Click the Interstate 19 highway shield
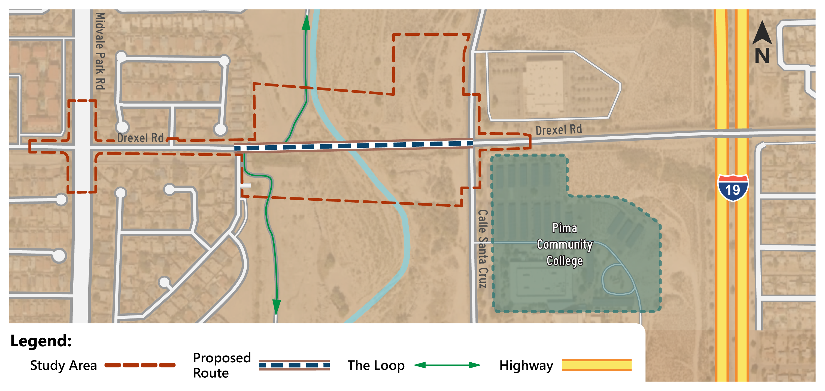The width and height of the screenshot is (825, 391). pos(733,188)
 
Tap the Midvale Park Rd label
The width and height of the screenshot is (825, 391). pos(100,51)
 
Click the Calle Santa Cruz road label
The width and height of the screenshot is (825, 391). pos(483,249)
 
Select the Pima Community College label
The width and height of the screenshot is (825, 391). pos(565,245)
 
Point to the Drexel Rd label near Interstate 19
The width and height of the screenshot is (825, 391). pos(559,130)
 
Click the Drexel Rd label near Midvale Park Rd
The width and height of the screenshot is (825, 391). pos(140,138)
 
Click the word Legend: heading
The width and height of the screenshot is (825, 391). pos(41,340)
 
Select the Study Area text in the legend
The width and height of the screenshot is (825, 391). pos(63,365)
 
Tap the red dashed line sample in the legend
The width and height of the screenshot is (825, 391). pos(140,365)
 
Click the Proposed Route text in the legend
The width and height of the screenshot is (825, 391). pos(222,365)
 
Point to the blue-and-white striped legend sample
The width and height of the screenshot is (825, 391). pos(294,365)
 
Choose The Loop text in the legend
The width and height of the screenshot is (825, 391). pos(376,365)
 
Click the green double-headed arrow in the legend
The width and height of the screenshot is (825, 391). pos(447,365)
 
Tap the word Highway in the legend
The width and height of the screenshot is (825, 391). pos(526,365)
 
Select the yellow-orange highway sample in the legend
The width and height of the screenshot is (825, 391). pos(597,365)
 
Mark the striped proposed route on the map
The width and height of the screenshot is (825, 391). pos(354,146)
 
